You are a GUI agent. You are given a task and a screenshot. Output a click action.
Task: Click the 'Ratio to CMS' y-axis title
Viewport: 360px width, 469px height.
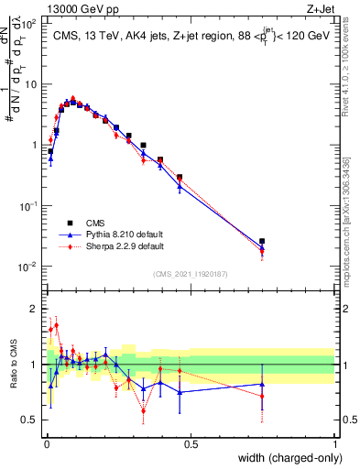pyautogui.click(x=13, y=365)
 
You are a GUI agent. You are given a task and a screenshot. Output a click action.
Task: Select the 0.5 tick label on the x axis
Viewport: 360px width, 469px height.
pyautogui.click(x=191, y=444)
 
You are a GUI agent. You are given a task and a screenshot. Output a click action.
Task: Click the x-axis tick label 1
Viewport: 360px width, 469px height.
pyautogui.click(x=335, y=444)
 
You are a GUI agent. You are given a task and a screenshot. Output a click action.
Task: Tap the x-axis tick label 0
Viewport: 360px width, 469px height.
pyautogui.click(x=47, y=444)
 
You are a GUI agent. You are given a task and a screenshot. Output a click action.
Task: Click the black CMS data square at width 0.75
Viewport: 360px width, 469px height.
pyautogui.click(x=263, y=241)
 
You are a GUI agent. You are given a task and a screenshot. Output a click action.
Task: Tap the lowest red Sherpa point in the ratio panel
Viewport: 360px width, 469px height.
pyautogui.click(x=143, y=410)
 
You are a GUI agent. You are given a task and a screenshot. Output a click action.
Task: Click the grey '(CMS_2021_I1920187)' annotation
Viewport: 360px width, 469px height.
pyautogui.click(x=191, y=274)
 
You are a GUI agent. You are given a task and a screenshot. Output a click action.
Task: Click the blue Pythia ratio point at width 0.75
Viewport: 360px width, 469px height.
pyautogui.click(x=263, y=385)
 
